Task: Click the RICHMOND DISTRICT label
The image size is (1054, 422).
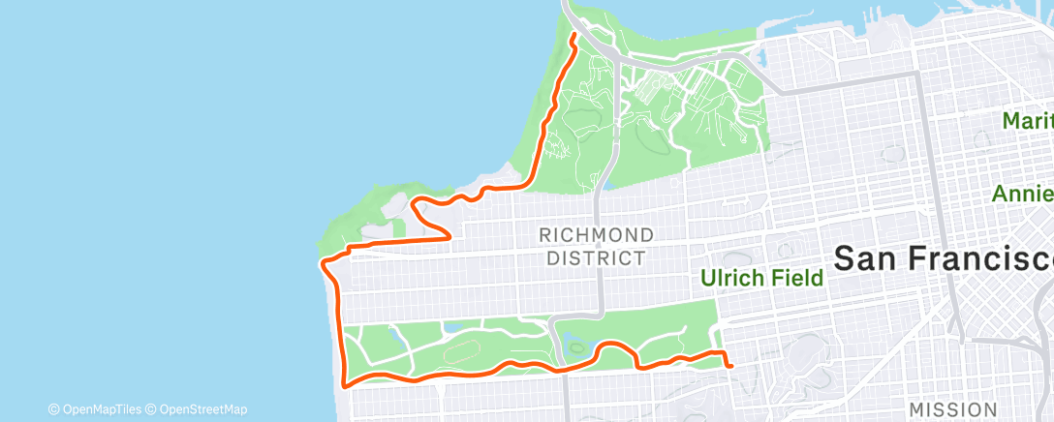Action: pyautogui.click(x=595, y=247)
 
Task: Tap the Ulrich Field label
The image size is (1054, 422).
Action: pyautogui.click(x=761, y=279)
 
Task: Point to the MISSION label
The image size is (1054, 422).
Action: pyautogui.click(x=953, y=409)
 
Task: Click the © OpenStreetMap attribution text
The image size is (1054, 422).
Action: pyautogui.click(x=199, y=409)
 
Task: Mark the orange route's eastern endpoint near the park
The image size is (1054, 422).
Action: pyautogui.click(x=728, y=365)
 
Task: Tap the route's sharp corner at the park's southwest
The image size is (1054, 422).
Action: pyautogui.click(x=345, y=383)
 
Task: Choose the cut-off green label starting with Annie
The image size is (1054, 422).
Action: pyautogui.click(x=1022, y=194)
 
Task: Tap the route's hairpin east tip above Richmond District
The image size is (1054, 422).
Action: pyautogui.click(x=450, y=235)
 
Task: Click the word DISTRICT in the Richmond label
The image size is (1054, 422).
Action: pyautogui.click(x=595, y=258)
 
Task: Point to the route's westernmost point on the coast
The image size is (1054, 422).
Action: pyautogui.click(x=323, y=259)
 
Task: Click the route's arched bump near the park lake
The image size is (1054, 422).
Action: pyautogui.click(x=611, y=346)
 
